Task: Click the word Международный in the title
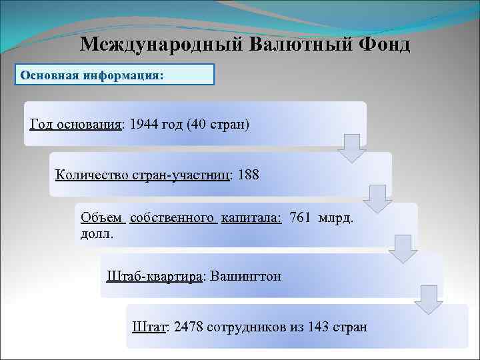coord(158,45)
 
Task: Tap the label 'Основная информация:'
coord(91,75)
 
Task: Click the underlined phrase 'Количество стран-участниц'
coord(143,175)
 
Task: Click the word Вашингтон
coord(245,276)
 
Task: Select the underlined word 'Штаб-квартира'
coord(155,276)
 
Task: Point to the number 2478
coord(189,327)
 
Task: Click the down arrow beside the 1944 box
coord(351,148)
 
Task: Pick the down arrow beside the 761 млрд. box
coord(403,248)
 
